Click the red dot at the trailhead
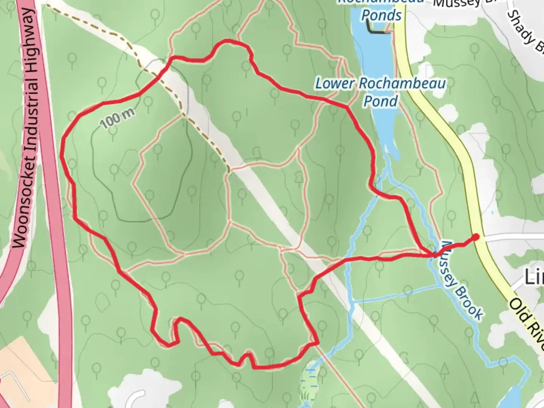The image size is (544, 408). pyautogui.click(x=476, y=237)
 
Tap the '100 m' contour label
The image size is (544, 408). pyautogui.click(x=118, y=119)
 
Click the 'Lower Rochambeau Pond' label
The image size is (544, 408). pyautogui.click(x=380, y=92)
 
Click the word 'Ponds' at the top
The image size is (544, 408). pyautogui.click(x=381, y=15)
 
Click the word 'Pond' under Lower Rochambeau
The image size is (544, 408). pyautogui.click(x=380, y=101)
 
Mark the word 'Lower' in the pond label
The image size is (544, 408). pyautogui.click(x=334, y=83)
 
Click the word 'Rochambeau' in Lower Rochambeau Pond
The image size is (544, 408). pyautogui.click(x=402, y=83)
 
